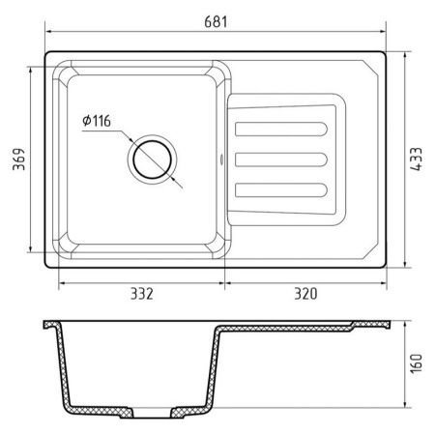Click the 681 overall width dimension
[x=216, y=22]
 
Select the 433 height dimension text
[x=416, y=159]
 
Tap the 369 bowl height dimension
[x=18, y=159]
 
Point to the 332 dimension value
[x=142, y=294]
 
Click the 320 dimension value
[x=305, y=294]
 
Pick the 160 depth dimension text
[x=416, y=363]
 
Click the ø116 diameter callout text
[x=97, y=121]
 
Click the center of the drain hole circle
[x=152, y=159]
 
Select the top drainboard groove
[x=281, y=129]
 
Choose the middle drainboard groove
[x=281, y=159]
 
